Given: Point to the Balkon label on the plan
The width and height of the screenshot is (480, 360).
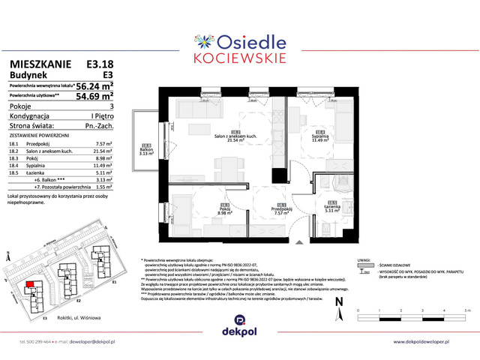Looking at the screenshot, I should [x=147, y=151].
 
